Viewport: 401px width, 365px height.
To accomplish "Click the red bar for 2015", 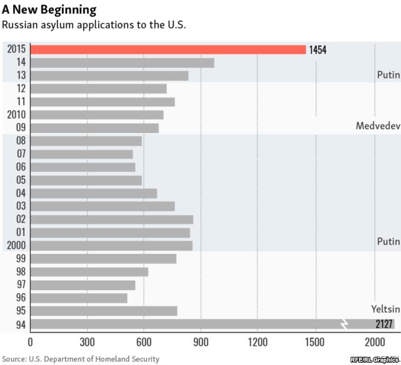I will point(168,50).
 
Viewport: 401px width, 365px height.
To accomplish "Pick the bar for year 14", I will point(122,63).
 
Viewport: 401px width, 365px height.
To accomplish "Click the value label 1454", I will point(318,50).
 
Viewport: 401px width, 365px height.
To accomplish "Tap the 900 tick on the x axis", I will point(200,342).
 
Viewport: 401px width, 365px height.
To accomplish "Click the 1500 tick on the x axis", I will point(315,342).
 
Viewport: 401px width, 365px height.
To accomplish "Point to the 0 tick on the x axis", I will point(30,342).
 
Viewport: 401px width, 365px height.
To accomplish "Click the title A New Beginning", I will point(49,9).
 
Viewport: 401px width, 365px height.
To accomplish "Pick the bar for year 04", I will point(93,193).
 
